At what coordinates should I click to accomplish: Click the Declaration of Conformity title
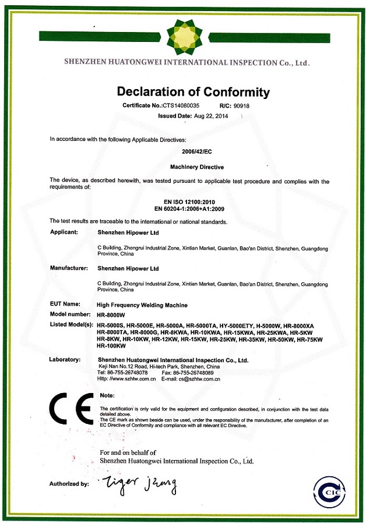(x=193, y=92)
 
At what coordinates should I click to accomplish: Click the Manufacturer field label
(x=69, y=268)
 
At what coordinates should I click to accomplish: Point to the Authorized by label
(x=69, y=484)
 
